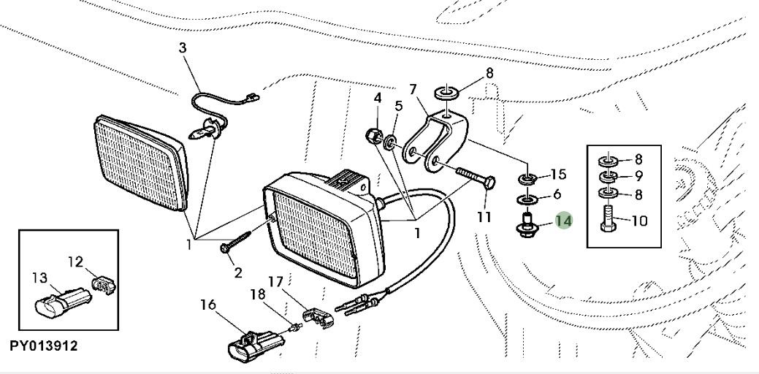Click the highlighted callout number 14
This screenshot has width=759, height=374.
(x=564, y=220)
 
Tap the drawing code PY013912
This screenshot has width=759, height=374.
(x=43, y=345)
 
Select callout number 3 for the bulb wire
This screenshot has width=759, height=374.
(x=183, y=48)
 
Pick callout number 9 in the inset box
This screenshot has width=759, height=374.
(x=640, y=176)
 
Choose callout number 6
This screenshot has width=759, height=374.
(x=557, y=194)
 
